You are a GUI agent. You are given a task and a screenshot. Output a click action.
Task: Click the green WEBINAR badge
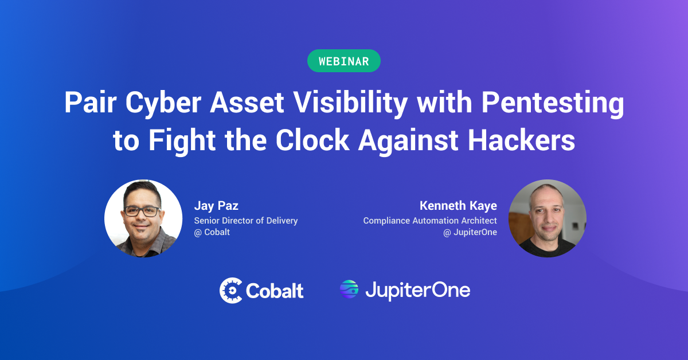[343, 61]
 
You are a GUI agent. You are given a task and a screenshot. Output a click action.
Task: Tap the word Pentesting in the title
[553, 104]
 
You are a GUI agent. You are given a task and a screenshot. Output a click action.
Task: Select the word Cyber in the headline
[163, 104]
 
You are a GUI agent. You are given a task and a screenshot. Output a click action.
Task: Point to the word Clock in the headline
[312, 140]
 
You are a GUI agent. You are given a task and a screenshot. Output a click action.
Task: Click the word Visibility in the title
[350, 104]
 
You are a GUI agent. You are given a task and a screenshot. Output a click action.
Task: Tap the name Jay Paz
[216, 206]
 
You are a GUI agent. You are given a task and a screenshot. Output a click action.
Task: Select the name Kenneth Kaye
[458, 205]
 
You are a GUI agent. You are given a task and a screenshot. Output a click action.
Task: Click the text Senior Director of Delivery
[246, 221]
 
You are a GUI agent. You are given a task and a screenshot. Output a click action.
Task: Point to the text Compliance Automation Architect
[430, 221]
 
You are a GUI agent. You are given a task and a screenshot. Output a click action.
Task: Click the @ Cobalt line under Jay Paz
[212, 232]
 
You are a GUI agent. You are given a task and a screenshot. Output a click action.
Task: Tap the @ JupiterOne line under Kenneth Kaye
[470, 232]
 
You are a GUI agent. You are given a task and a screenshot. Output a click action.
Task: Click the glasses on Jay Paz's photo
[142, 212]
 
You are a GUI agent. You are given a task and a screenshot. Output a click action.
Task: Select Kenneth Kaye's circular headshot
[548, 218]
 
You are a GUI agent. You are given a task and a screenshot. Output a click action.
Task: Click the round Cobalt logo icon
[231, 290]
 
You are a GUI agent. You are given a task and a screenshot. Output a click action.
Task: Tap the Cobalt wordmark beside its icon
[275, 291]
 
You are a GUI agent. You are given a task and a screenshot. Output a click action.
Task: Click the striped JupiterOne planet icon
[349, 289]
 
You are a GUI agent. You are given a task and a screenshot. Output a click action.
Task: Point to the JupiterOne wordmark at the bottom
[418, 291]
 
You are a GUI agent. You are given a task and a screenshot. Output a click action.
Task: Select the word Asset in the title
[247, 103]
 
